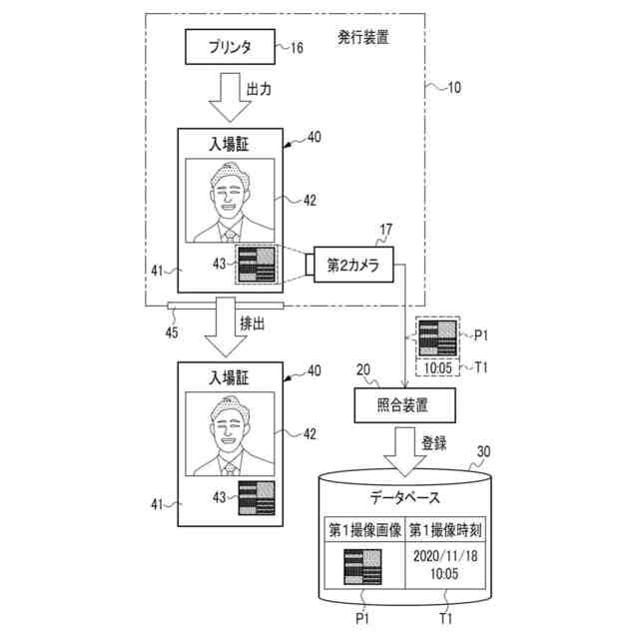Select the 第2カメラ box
[354, 264]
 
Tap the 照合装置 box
[404, 404]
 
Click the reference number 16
[297, 47]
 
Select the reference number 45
[172, 330]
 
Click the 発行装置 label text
[363, 38]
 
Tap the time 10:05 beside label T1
[437, 366]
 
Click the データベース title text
[404, 496]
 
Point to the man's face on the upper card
[229, 190]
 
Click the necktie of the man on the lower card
[229, 466]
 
